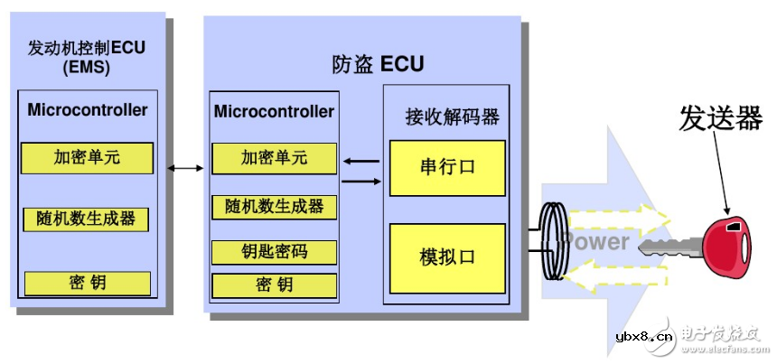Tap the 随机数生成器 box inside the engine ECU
coord(87,219)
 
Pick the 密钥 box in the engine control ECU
coord(87,283)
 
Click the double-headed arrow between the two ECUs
coord(185,168)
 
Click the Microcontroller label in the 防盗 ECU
coord(274,111)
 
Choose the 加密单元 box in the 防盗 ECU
coord(274,158)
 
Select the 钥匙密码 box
coord(274,251)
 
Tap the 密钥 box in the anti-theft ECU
coord(274,285)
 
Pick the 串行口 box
coord(447,168)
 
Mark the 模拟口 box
coord(447,257)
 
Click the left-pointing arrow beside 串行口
coord(361,163)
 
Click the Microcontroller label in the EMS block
coord(87,110)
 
